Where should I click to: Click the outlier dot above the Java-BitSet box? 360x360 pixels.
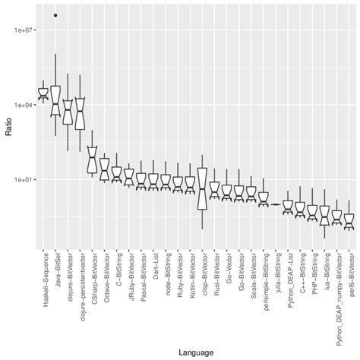coord(55,15)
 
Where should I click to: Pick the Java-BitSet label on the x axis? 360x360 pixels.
coord(55,278)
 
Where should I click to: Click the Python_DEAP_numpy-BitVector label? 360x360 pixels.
coord(336,296)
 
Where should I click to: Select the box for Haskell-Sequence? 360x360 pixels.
coord(43,93)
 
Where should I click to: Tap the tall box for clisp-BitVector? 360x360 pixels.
coord(202,188)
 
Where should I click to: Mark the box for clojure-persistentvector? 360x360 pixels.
coord(80,114)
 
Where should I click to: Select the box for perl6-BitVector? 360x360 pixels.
coord(349,221)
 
